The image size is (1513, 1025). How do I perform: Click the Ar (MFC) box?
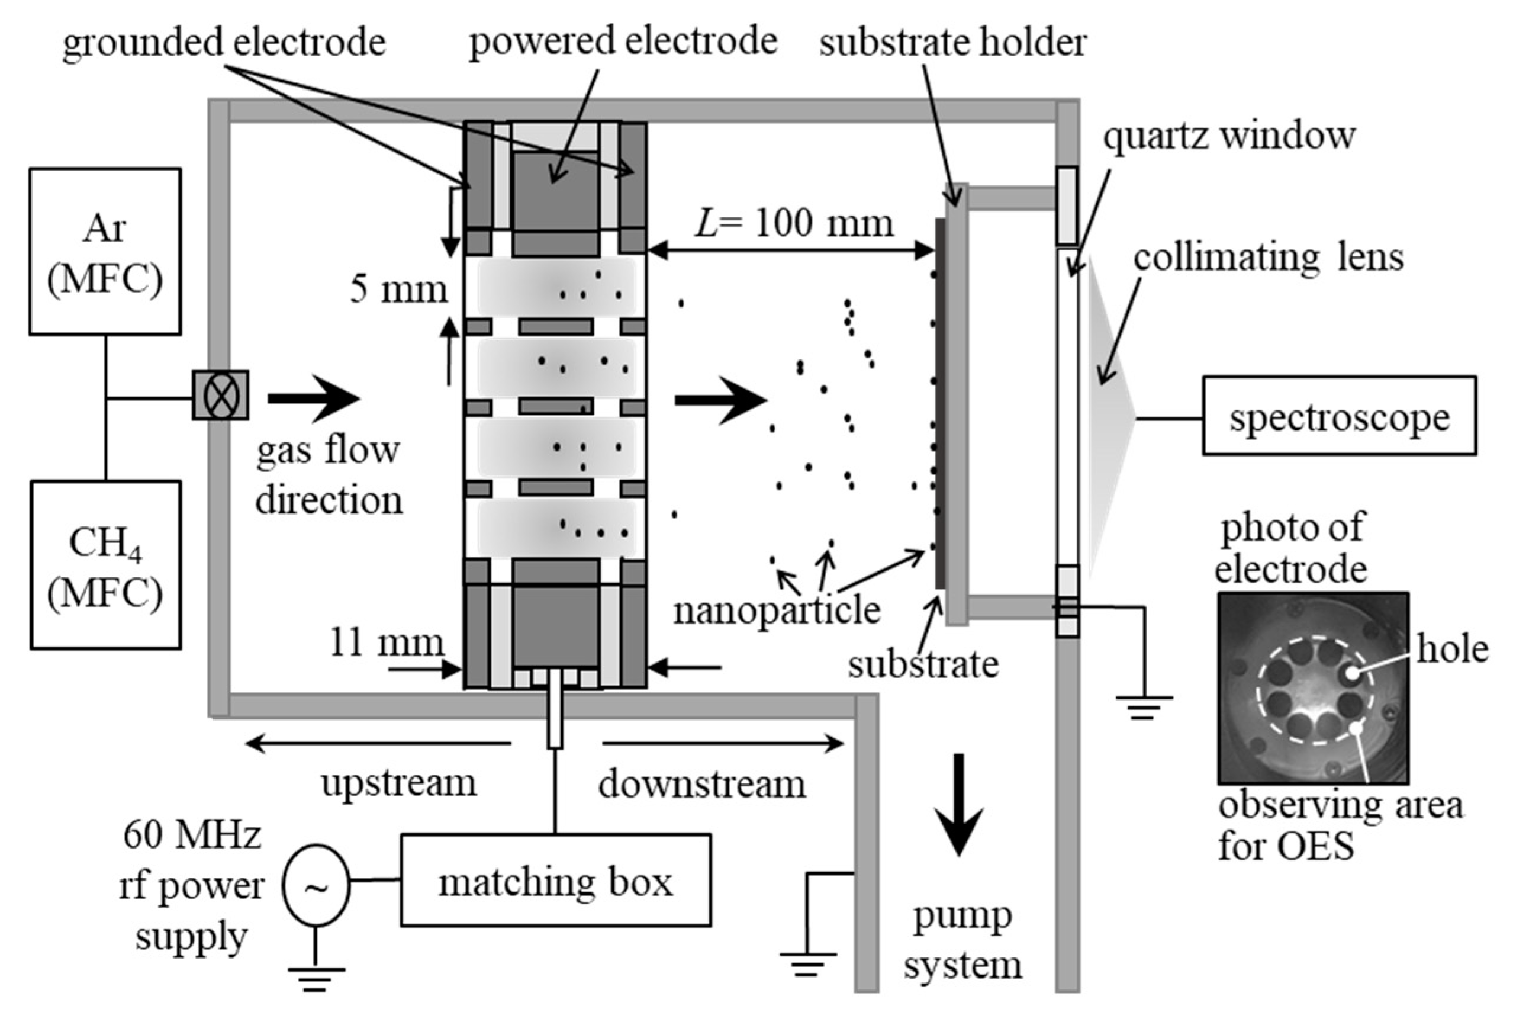(x=105, y=252)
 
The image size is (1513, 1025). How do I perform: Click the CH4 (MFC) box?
(x=105, y=564)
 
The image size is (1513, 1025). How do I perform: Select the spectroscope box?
(x=1338, y=416)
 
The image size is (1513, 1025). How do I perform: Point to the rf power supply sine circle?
(x=316, y=886)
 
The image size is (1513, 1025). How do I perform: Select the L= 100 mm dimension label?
(x=794, y=223)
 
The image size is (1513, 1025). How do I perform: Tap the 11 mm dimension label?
(x=387, y=642)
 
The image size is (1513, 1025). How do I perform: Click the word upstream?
(x=398, y=783)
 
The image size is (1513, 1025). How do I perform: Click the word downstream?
(x=702, y=783)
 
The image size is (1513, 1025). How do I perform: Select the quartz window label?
(x=1228, y=136)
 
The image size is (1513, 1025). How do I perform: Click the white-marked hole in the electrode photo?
(x=1352, y=673)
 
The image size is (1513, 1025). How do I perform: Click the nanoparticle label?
(x=777, y=610)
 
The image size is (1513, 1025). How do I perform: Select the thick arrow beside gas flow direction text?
(x=314, y=398)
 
